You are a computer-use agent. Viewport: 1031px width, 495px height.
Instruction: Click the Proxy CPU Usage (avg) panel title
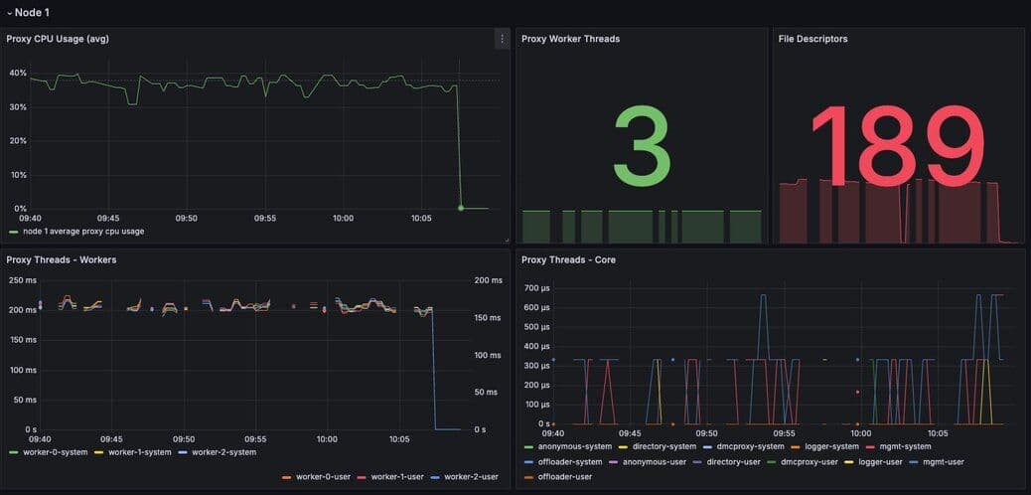pos(58,39)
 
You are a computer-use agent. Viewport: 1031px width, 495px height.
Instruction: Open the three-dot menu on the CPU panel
pos(502,39)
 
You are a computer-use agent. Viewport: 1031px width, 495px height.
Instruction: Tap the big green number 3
pos(642,146)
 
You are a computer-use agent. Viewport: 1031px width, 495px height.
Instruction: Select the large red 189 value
pos(898,146)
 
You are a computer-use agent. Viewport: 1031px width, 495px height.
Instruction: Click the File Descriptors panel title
pos(812,39)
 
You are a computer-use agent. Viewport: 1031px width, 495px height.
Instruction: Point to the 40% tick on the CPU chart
pos(18,74)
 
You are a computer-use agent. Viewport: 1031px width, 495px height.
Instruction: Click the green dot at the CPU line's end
pos(461,208)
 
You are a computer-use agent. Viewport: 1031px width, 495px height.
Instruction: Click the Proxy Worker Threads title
pos(570,39)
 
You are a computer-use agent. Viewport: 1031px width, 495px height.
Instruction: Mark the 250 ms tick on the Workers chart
pos(22,280)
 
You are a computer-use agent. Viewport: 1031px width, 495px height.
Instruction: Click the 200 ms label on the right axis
pos(486,280)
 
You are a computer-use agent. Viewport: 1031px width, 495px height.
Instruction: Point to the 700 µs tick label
pos(536,288)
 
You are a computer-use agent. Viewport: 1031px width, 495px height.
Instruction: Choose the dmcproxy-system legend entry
pos(750,446)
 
